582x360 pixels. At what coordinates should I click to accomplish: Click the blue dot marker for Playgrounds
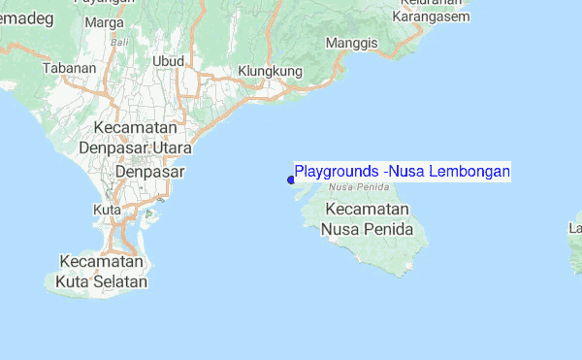(x=291, y=180)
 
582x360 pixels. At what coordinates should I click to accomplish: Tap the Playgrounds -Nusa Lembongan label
(x=402, y=172)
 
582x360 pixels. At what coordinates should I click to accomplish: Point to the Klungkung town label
(x=271, y=72)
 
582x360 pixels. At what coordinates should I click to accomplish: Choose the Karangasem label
(x=434, y=16)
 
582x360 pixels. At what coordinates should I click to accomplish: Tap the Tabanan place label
(x=70, y=68)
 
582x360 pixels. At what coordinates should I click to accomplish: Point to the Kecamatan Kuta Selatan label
(x=103, y=273)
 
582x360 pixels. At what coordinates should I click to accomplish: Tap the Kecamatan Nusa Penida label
(x=368, y=220)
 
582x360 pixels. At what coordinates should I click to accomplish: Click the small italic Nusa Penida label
(x=351, y=186)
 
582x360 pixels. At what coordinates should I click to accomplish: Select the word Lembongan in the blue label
(x=469, y=172)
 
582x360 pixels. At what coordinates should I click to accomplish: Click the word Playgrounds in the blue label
(x=337, y=172)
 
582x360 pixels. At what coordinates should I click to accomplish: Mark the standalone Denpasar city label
(x=149, y=172)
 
